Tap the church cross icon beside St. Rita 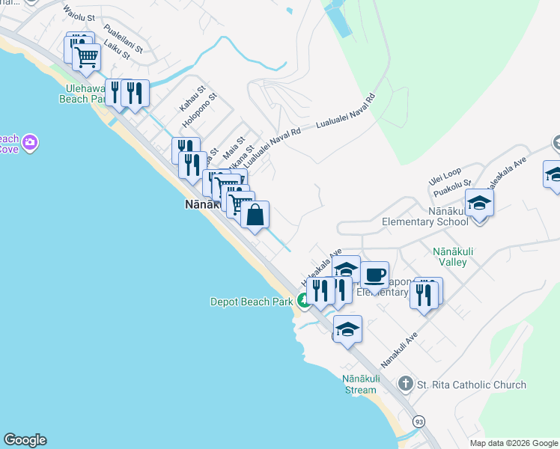406,385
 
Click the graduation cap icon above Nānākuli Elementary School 479,202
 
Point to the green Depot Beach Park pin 303,301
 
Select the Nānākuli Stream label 359,384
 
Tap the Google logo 25,440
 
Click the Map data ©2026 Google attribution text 513,443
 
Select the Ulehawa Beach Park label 85,93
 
